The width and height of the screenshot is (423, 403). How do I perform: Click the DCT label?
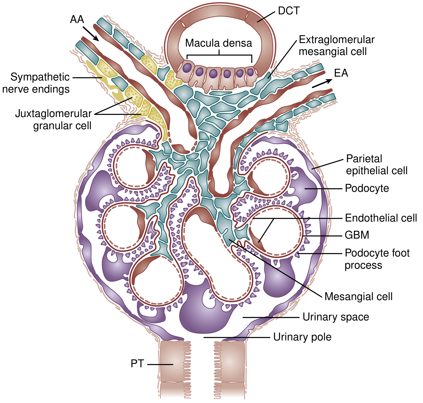289,11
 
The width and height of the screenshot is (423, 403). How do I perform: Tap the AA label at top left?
77,19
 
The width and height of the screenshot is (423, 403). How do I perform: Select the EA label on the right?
341,73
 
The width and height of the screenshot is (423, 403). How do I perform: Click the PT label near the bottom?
137,363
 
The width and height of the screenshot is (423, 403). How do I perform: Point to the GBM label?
357,235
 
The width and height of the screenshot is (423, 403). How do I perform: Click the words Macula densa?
219,43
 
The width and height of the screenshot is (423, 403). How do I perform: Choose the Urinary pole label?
302,337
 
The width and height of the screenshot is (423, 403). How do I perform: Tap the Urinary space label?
336,317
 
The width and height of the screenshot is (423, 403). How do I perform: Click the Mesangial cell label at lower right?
358,296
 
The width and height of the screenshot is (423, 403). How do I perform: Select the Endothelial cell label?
381,218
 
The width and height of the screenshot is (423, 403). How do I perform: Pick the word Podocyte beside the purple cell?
367,188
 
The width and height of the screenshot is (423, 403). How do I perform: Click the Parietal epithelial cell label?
377,165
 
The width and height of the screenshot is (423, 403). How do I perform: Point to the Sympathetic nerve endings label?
36,83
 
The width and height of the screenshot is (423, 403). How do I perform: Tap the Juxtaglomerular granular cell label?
54,119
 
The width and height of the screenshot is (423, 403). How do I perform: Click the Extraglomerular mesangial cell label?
337,45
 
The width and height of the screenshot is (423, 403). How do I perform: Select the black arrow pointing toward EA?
322,83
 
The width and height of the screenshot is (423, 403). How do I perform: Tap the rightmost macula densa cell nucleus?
251,72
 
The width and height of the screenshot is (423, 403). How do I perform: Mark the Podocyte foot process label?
377,259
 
